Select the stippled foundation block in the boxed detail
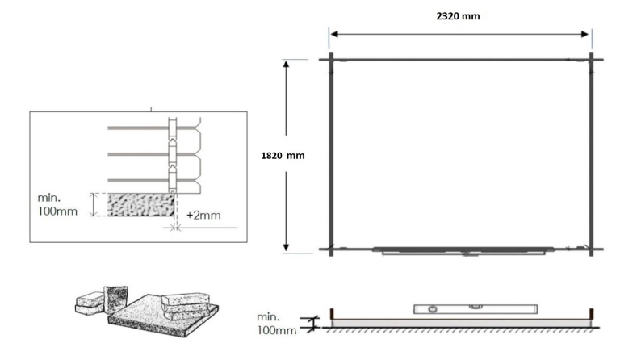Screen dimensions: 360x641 point(141,204)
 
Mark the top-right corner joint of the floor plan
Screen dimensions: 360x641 point(592,59)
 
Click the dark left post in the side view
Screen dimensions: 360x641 point(333,313)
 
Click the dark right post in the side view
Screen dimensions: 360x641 point(592,313)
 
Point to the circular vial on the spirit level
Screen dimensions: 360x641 point(431,309)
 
